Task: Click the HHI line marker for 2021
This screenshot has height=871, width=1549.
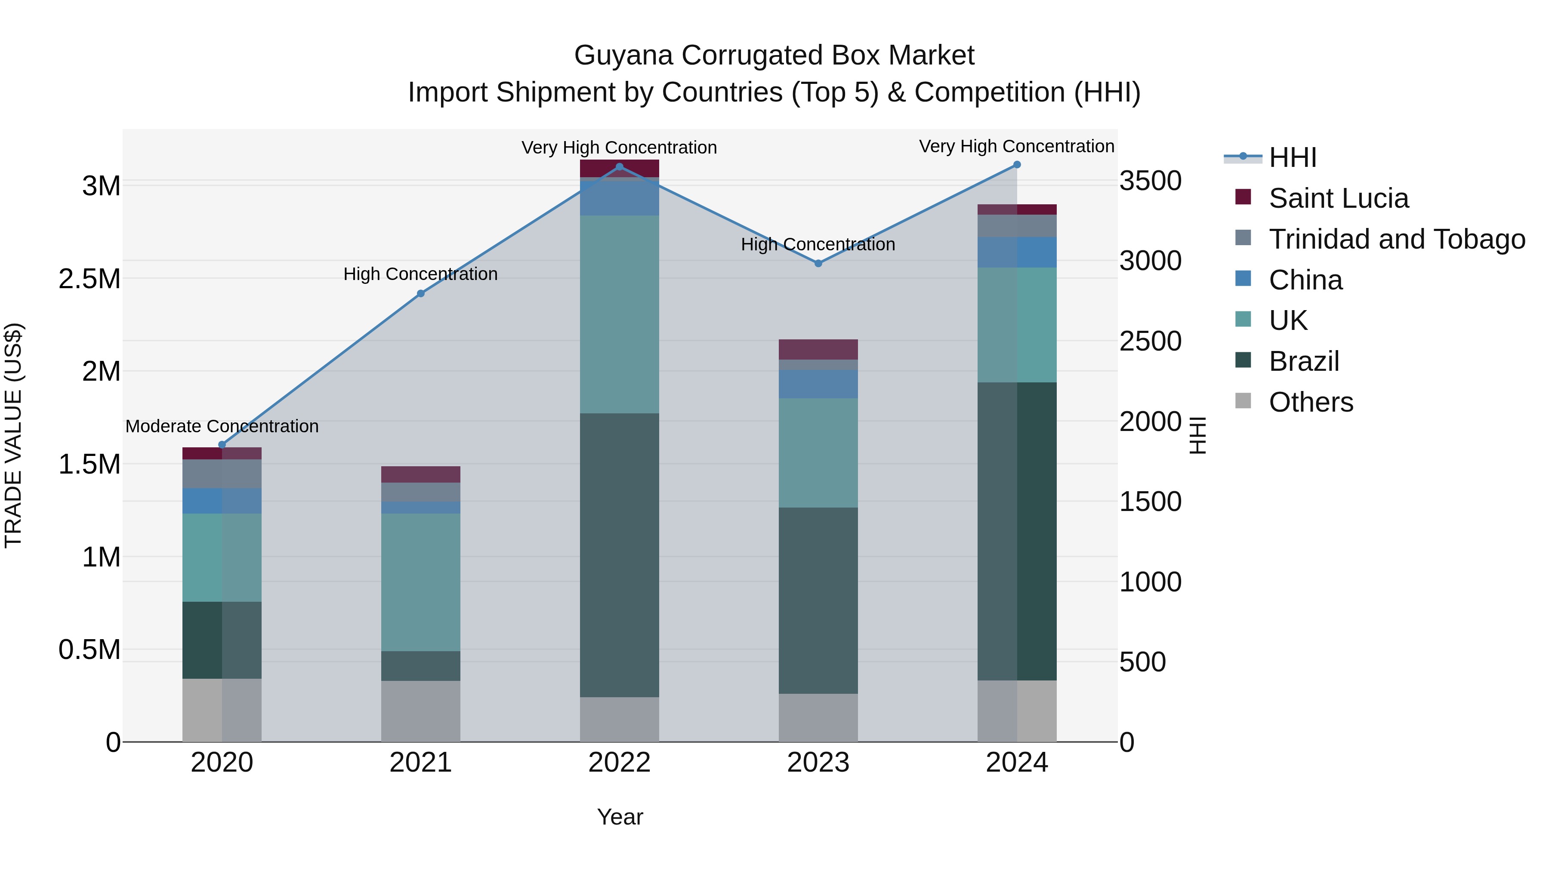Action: point(420,293)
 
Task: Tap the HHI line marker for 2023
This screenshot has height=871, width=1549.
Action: point(818,263)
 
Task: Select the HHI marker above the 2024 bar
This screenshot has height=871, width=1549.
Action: point(1017,165)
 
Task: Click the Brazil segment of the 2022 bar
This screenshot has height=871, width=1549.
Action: point(619,555)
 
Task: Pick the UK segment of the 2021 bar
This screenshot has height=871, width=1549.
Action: point(420,582)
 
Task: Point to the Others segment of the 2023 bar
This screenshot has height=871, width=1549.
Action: point(818,718)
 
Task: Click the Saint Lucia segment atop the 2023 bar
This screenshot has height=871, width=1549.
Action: point(818,349)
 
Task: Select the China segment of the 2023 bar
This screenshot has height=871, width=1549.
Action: point(818,384)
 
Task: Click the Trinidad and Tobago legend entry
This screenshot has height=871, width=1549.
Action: point(1396,239)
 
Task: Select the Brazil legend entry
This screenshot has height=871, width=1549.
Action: point(1304,361)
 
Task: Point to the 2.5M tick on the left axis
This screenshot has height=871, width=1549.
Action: point(89,279)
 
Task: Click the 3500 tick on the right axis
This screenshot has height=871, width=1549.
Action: point(1150,181)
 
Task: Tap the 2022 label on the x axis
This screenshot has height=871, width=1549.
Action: point(619,763)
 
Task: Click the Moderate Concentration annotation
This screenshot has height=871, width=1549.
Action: point(222,426)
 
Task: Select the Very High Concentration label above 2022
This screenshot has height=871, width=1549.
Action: point(619,148)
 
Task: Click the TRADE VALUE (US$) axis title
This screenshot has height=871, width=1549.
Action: point(13,435)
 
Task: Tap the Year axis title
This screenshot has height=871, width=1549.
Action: point(620,817)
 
